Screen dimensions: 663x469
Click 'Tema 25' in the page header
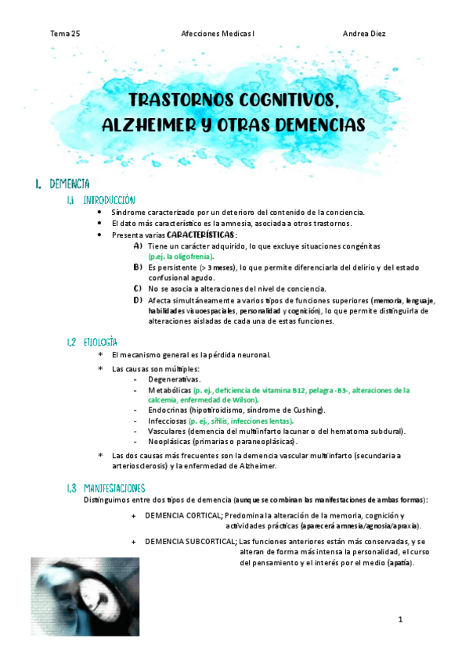click(x=64, y=34)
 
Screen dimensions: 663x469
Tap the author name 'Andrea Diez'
click(x=363, y=34)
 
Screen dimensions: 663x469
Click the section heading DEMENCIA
click(x=69, y=184)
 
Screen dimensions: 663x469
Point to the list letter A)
click(x=138, y=245)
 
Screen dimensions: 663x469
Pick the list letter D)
click(x=138, y=299)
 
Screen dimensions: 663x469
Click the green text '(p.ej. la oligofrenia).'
click(x=181, y=256)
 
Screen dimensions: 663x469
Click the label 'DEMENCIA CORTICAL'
click(x=184, y=516)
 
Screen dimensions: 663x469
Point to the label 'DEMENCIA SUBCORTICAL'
click(x=191, y=541)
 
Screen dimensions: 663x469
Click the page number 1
click(x=399, y=620)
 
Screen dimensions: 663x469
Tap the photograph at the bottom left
click(x=85, y=597)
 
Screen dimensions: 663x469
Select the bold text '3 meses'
click(x=223, y=267)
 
